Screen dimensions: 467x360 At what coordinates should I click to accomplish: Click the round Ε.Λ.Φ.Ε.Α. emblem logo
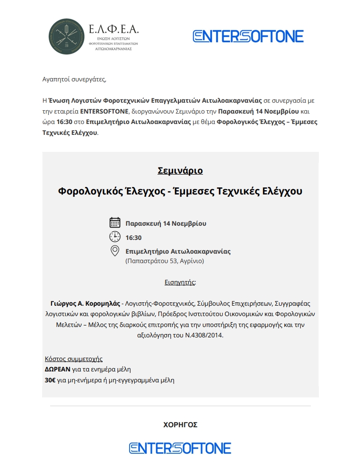pos(68,36)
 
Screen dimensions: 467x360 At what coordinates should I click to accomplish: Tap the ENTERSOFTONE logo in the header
pos(248,36)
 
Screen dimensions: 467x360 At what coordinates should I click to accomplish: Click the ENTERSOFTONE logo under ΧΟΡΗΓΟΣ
pos(180,448)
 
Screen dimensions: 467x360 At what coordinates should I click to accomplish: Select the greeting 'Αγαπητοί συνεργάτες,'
pos(71,79)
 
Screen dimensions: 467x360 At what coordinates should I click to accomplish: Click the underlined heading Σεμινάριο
pos(180,170)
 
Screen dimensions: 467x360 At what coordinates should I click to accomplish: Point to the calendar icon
pos(114,223)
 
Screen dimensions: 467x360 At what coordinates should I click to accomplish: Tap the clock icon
pos(114,237)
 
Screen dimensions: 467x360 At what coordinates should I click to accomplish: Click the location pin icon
pos(114,251)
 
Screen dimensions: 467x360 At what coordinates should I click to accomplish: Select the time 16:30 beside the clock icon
pos(133,238)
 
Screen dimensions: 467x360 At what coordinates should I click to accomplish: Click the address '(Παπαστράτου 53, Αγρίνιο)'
pos(165,261)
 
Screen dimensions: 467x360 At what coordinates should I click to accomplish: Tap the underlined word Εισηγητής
pos(179,282)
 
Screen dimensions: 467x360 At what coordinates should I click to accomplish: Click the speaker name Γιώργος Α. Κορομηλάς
pos(85,303)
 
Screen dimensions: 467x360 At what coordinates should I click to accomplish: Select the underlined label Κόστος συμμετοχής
pos(73,359)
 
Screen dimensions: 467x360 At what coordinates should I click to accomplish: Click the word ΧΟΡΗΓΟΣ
pos(180,425)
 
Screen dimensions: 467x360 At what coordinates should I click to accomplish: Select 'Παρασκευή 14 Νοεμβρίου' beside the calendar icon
pos(166,223)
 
